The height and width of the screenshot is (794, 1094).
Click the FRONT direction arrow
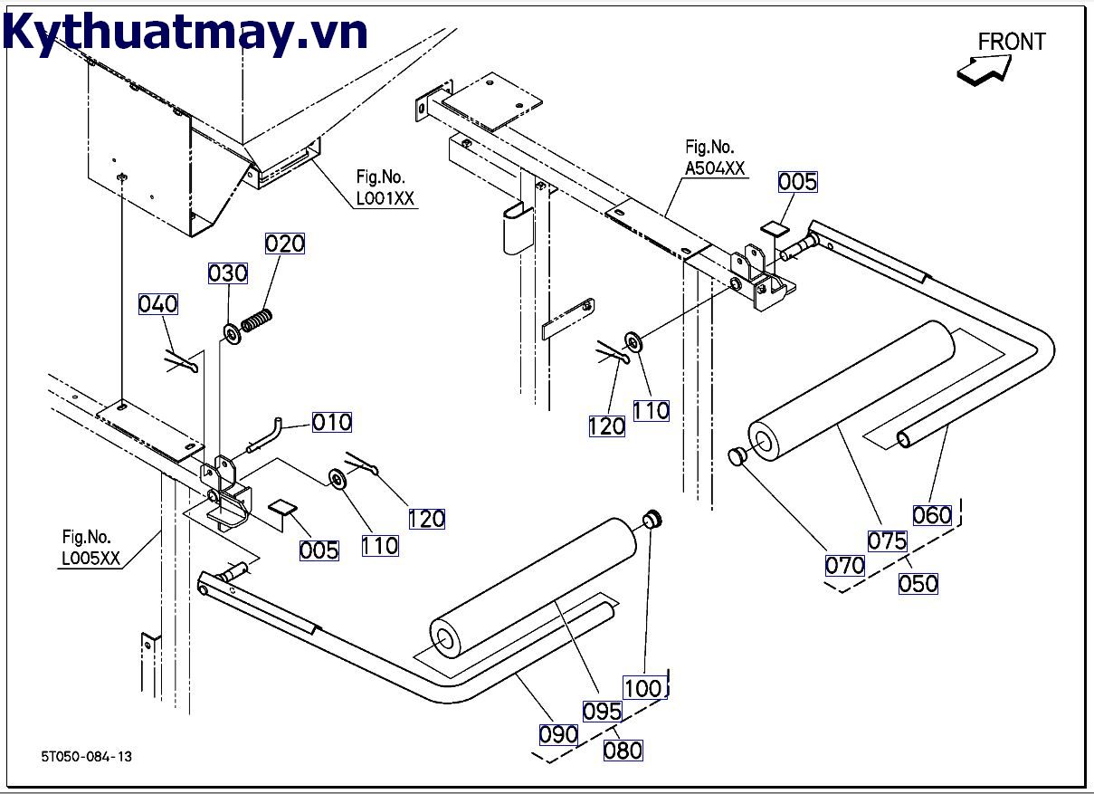tap(984, 69)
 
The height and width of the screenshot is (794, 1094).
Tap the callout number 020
tap(284, 244)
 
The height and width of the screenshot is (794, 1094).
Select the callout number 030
tap(227, 273)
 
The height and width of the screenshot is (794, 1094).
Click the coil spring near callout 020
tap(258, 320)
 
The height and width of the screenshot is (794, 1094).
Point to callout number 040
tap(157, 304)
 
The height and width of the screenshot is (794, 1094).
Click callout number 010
tap(332, 422)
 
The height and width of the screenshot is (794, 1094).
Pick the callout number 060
tap(932, 515)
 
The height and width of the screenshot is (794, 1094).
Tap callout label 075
tap(887, 540)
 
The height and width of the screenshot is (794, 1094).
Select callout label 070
tap(844, 566)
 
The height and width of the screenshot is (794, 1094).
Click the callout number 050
tap(918, 583)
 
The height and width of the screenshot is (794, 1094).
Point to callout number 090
tap(558, 734)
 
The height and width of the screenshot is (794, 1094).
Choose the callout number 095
tap(602, 712)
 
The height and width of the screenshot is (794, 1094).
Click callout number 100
tap(643, 688)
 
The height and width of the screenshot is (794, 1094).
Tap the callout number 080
tap(623, 750)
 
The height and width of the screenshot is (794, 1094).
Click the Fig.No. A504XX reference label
tap(715, 157)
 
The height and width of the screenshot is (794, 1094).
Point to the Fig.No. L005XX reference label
tap(90, 548)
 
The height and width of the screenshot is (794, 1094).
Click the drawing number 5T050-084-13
tap(86, 757)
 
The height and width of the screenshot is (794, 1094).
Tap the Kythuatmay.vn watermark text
tap(186, 33)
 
